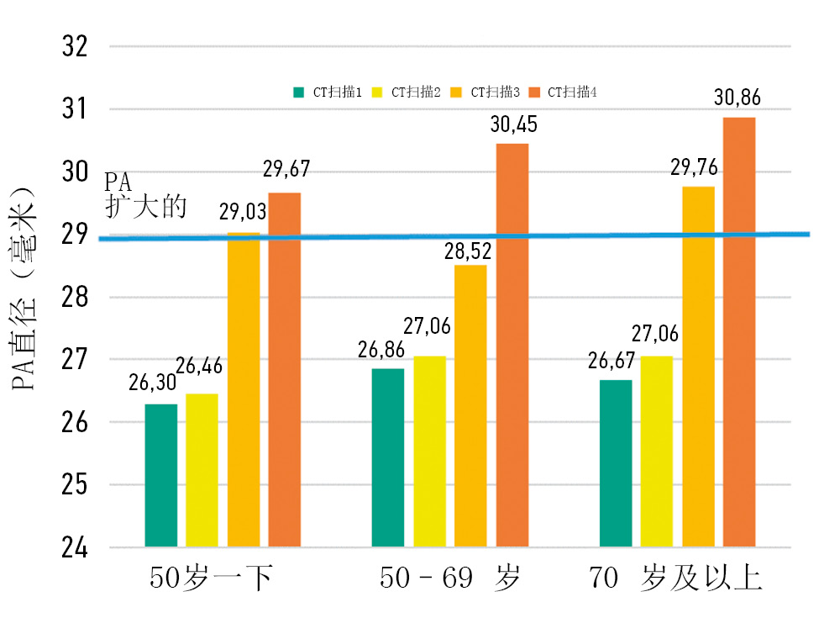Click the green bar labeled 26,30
(161, 475)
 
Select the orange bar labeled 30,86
(739, 332)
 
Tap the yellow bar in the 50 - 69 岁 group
(429, 452)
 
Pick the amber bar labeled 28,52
(470, 406)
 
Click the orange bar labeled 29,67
(284, 370)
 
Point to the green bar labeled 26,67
(616, 463)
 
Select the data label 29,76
(692, 167)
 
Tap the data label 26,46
(198, 365)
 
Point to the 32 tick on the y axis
(76, 46)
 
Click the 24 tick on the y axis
(76, 548)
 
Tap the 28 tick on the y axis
(76, 298)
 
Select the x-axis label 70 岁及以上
(675, 579)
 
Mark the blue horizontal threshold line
(454, 236)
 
